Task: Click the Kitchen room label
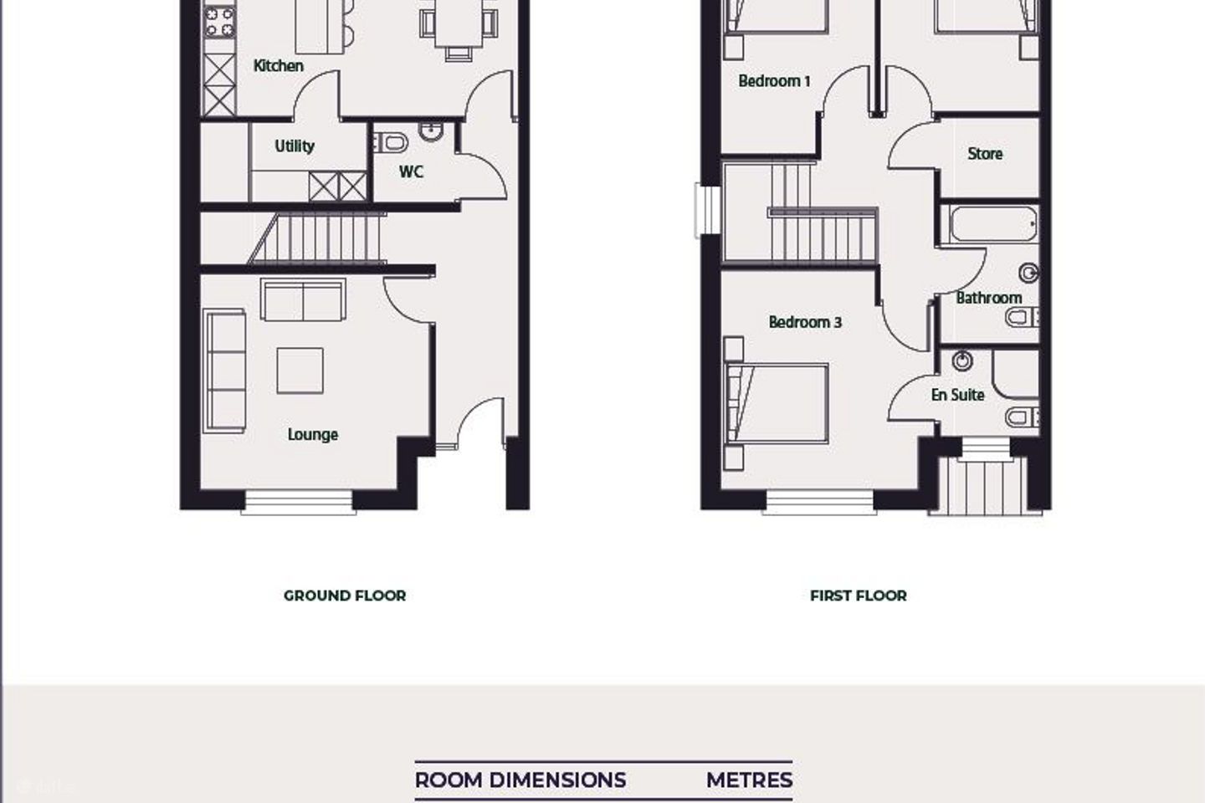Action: point(278,66)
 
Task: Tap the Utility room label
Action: point(295,146)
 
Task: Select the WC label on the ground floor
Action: point(411,172)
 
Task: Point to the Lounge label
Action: point(313,435)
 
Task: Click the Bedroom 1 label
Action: point(774,81)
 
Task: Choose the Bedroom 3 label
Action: point(805,322)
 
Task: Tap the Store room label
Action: point(985,155)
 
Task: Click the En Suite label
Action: point(957,396)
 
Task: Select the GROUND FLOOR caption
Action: point(345,596)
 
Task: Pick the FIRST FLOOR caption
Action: point(859,596)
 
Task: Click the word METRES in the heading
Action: point(750,780)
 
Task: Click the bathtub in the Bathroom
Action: point(993,223)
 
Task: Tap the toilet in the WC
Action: point(391,143)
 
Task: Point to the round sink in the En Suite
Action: point(962,361)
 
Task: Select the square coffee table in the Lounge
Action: point(300,371)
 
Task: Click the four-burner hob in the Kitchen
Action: point(219,23)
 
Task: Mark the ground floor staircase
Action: point(317,238)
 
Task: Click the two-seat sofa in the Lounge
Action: point(304,300)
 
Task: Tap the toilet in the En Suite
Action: point(1022,417)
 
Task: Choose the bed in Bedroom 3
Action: point(777,403)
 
